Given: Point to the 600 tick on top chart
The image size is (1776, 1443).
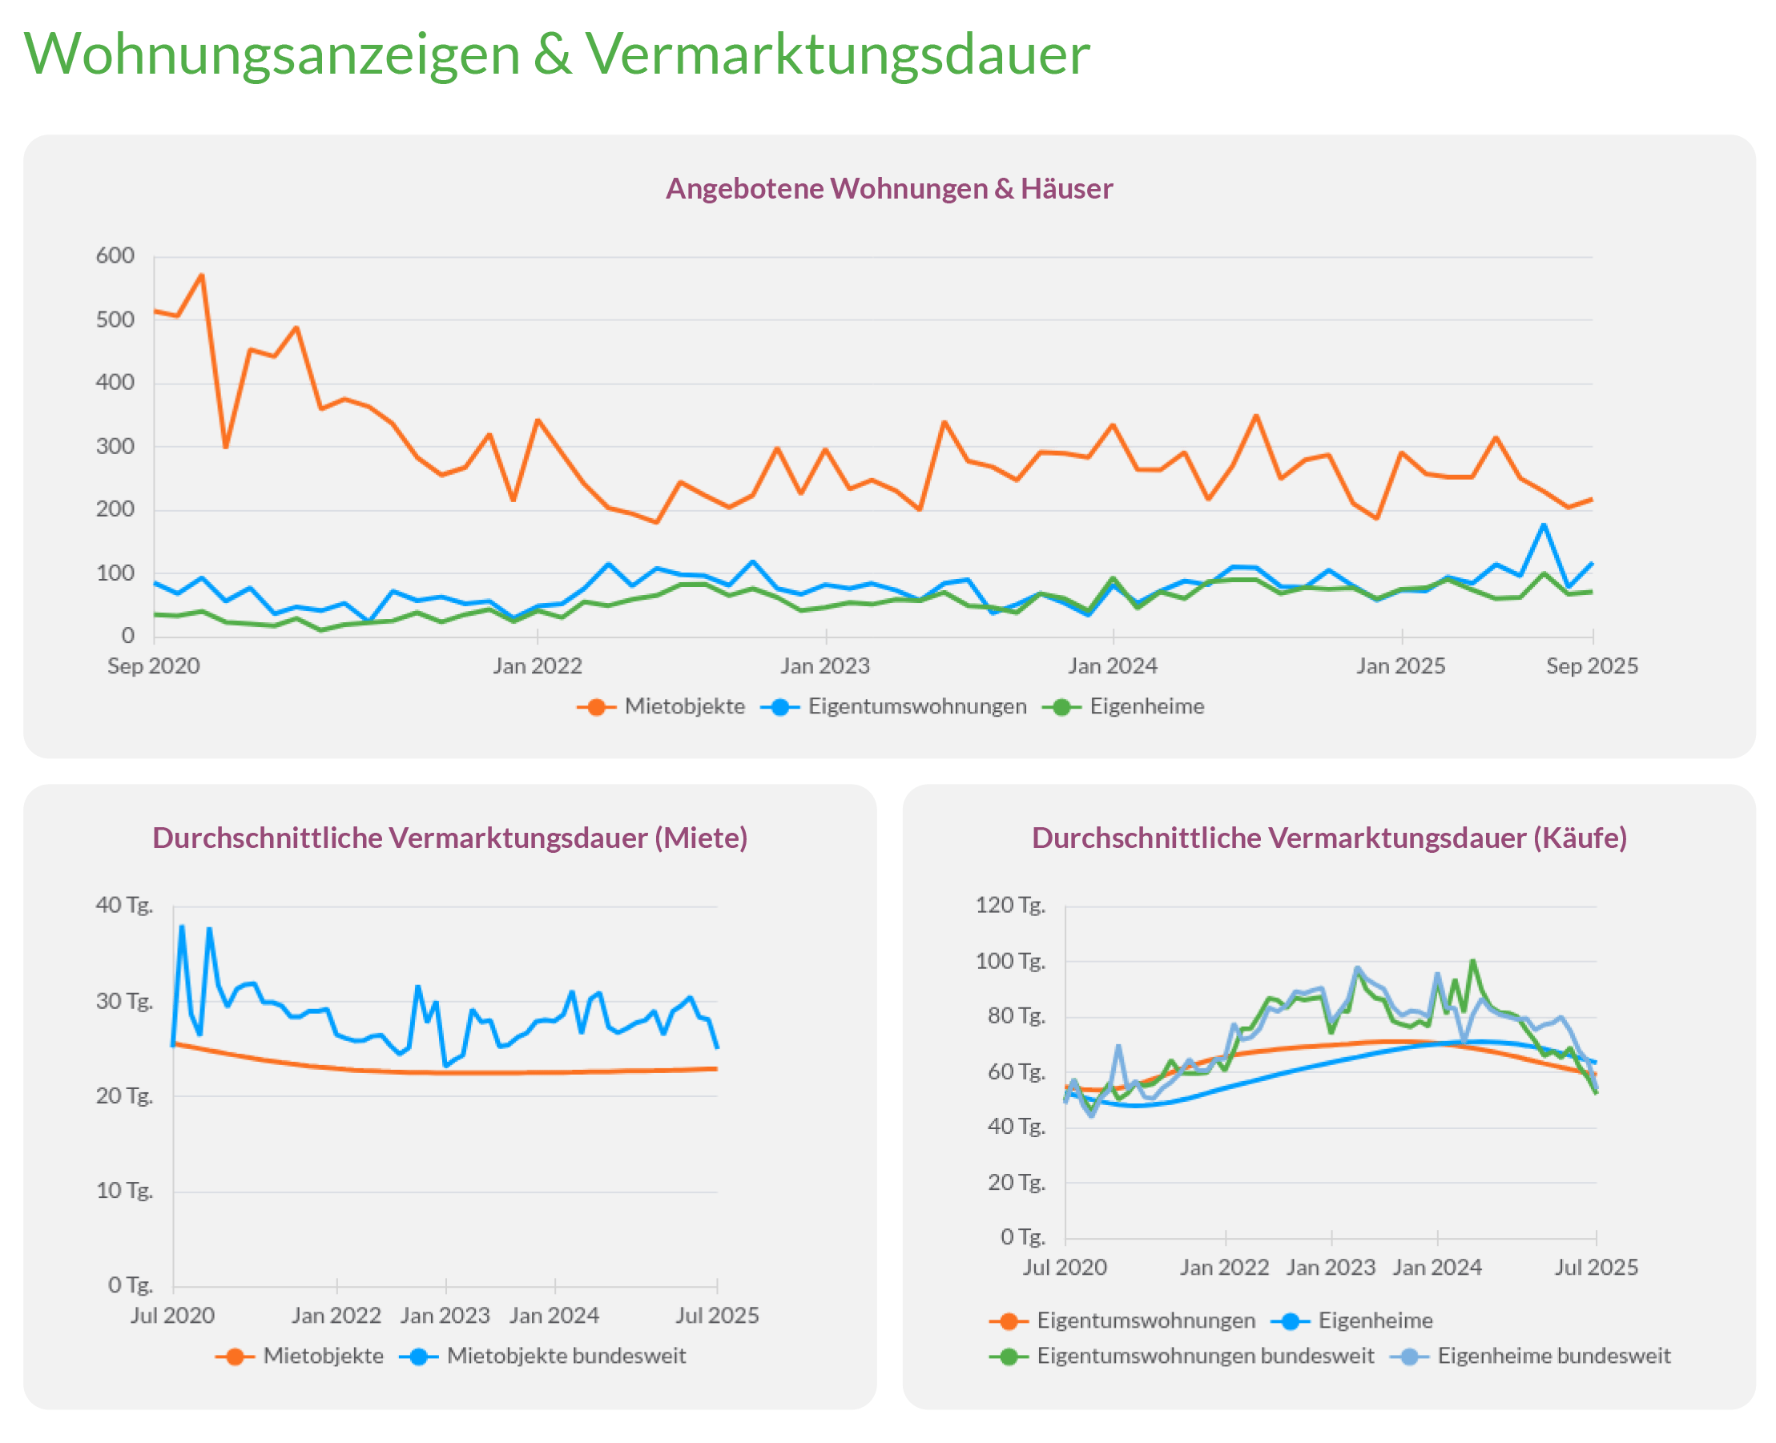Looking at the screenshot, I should [115, 256].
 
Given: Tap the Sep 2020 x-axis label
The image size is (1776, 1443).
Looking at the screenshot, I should [154, 665].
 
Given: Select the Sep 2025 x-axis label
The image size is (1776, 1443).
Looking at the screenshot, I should [1592, 665].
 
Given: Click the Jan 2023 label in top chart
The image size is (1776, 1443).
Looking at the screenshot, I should [825, 665].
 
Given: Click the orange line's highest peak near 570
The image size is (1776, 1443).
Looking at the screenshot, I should [201, 276].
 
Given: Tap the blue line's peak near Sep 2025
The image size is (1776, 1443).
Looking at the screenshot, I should [1544, 525].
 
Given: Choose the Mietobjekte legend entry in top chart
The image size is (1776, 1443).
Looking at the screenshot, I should [683, 706].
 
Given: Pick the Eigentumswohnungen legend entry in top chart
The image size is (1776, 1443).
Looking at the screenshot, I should [916, 706].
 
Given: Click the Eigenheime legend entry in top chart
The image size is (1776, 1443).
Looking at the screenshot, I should [1146, 706].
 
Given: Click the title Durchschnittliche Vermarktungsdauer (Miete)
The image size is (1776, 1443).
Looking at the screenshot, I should [450, 838].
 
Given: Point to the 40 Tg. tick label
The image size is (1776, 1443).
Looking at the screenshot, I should [124, 905].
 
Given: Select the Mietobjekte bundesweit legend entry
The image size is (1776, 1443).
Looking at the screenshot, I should [566, 1356].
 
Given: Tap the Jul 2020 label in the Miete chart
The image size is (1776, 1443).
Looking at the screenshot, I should [173, 1315].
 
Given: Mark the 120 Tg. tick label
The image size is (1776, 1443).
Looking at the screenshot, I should [1009, 905].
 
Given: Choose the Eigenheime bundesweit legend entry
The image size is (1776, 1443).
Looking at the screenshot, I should [1553, 1356].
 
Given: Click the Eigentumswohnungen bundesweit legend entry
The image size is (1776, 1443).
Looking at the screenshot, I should [1204, 1356].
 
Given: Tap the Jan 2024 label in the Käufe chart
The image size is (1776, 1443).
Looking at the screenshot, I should [1437, 1267].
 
